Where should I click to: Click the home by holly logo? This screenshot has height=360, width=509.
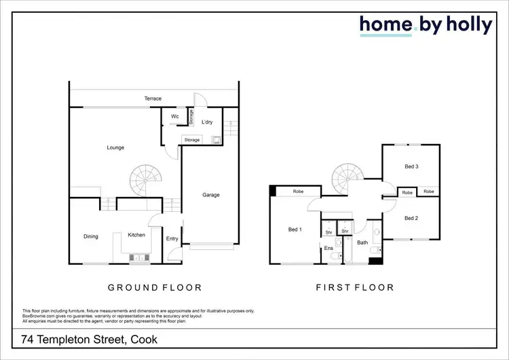(426, 26)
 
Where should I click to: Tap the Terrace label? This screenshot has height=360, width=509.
(153, 99)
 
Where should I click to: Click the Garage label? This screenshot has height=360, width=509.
(211, 195)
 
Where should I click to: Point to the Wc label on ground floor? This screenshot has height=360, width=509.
(174, 117)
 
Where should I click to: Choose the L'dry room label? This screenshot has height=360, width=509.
(208, 122)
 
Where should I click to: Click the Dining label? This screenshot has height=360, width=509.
(91, 236)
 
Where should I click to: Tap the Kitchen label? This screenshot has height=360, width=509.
(136, 235)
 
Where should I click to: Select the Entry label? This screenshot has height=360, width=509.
(172, 238)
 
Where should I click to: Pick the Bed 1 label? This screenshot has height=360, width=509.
(295, 230)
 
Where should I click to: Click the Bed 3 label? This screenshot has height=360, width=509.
(411, 166)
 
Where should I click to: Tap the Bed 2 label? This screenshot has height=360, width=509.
(411, 218)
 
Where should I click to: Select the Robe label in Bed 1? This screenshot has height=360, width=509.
(298, 192)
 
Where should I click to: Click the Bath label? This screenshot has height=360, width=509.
(362, 242)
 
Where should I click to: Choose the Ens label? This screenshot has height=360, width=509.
(328, 249)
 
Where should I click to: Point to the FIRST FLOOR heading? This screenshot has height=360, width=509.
(355, 287)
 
